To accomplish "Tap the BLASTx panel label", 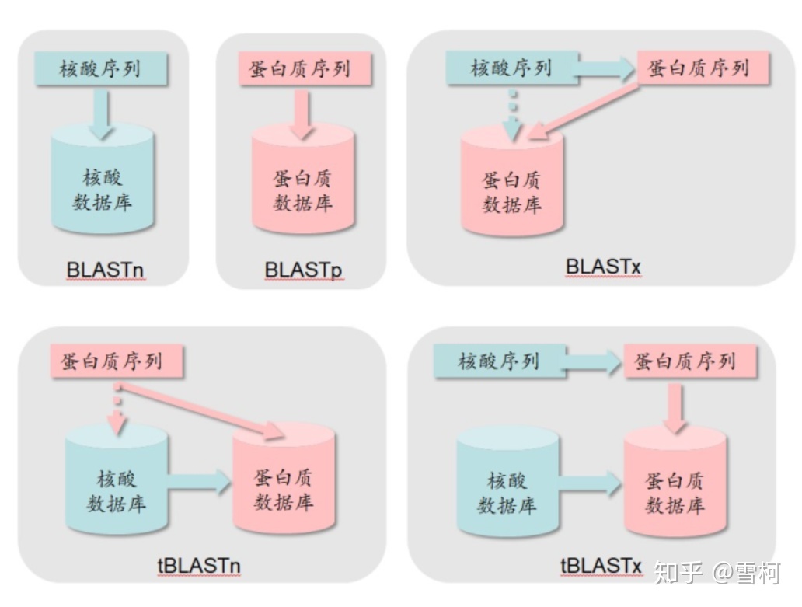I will point(603,267).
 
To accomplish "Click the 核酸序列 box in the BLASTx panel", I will point(511,68).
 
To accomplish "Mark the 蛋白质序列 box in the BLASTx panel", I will point(703,68).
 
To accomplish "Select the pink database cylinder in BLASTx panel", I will point(511,187).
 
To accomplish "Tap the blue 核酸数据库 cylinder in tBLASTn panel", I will point(117,486).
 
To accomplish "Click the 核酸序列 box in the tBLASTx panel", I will point(498,361).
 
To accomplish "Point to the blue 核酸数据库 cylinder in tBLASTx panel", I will point(507,490).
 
